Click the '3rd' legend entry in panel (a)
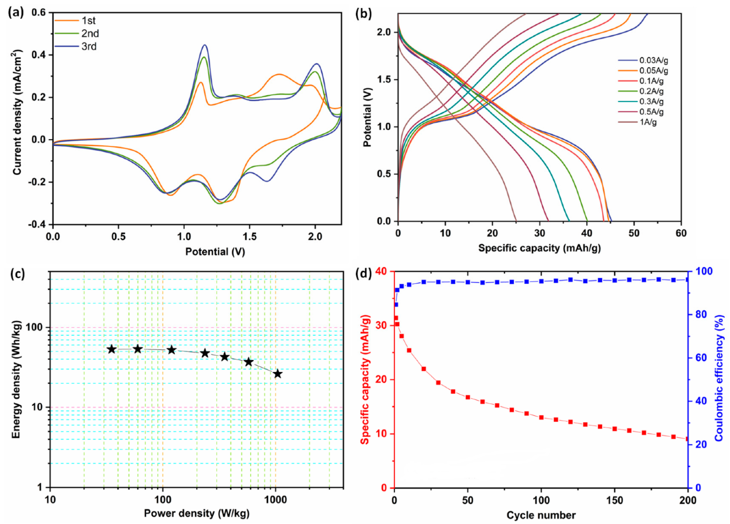click(x=88, y=47)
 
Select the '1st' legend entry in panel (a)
click(x=88, y=21)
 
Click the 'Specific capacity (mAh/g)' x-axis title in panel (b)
click(x=540, y=248)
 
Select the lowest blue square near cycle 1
click(x=396, y=304)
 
